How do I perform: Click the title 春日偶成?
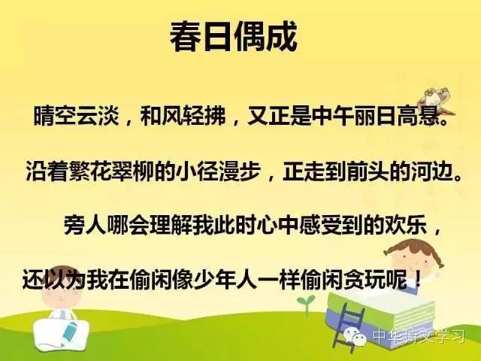[x=234, y=37]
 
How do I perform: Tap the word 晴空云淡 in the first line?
[x=76, y=116]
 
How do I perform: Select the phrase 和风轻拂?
[x=183, y=116]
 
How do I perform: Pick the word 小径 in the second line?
[x=197, y=171]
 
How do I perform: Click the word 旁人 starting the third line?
[x=84, y=225]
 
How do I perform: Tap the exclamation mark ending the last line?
[x=418, y=279]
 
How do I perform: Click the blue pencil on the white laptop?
[x=70, y=331]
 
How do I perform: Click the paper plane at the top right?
[x=436, y=99]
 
